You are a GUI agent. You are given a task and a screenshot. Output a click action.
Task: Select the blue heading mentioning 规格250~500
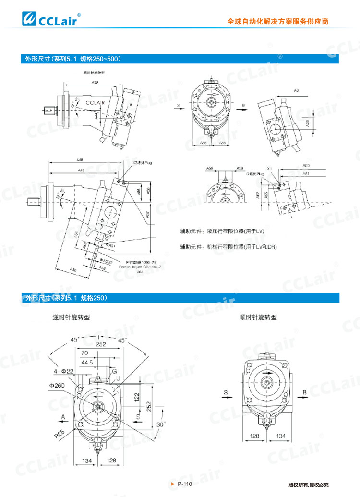point(72,59)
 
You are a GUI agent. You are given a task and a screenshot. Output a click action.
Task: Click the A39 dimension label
point(95,83)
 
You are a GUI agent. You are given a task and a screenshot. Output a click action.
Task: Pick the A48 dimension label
point(80,160)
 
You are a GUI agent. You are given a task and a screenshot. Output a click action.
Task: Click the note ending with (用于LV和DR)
point(228,247)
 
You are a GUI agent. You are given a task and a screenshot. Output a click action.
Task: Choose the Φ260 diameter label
point(57,385)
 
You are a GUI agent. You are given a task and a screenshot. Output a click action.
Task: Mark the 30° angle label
point(160,424)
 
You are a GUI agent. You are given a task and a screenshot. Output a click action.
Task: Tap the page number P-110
point(184,484)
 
